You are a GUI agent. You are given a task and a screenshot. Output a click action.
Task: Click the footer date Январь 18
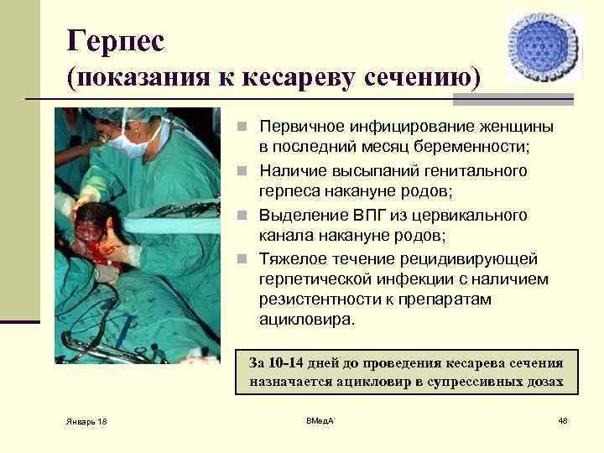[x=86, y=419]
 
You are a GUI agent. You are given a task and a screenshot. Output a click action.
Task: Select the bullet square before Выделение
[x=240, y=216]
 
